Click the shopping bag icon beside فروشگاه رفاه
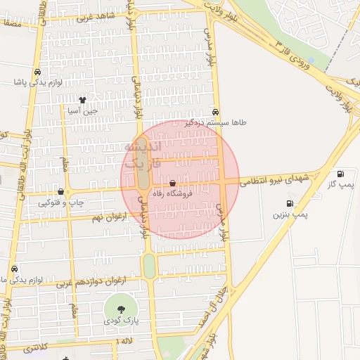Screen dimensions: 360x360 click(173, 184)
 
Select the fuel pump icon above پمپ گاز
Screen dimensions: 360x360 click(341, 174)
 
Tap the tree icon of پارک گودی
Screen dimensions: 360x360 click(122, 309)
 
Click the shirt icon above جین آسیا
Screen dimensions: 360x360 click(83, 100)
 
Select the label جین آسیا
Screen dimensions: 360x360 click(83, 110)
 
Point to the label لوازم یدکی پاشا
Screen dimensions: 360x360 click(38, 82)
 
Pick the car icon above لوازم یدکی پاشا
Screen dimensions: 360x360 click(37, 72)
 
